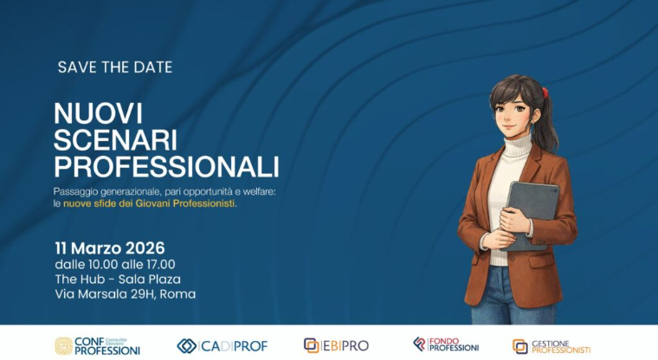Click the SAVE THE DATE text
115,67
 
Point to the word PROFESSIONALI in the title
166,165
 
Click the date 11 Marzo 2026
109,249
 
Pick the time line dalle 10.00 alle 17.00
115,264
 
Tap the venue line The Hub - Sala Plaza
118,279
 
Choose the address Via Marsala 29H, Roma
125,294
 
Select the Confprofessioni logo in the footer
97,345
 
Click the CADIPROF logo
222,345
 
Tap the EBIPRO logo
336,345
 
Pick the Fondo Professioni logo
446,344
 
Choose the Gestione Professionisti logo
552,346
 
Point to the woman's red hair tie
545,93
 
